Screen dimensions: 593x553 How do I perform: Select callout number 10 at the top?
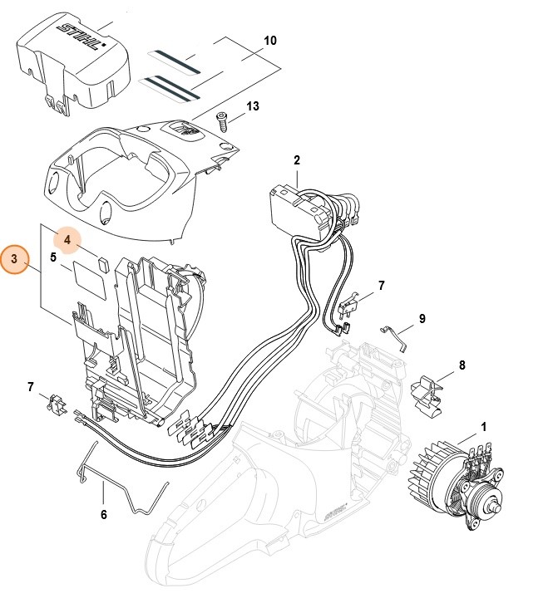click(270, 40)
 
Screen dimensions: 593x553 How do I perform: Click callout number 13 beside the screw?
click(254, 105)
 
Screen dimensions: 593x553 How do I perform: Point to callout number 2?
click(297, 160)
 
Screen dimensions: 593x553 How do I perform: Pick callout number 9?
click(422, 318)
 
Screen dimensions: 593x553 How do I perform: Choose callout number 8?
click(462, 364)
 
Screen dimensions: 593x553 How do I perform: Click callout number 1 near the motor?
click(483, 428)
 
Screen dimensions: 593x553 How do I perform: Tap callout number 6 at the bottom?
click(104, 514)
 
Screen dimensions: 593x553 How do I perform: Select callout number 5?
click(52, 257)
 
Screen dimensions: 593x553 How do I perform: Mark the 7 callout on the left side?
click(31, 387)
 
